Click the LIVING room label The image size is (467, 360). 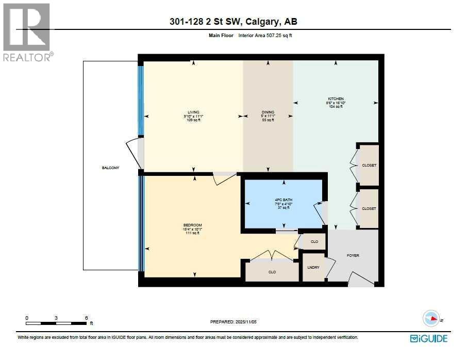click(x=193, y=112)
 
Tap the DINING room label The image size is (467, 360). click(x=268, y=112)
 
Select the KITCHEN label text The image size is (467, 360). click(x=336, y=99)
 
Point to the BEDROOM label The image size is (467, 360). click(x=192, y=225)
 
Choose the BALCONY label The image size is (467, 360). click(x=110, y=168)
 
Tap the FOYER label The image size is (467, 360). click(x=353, y=255)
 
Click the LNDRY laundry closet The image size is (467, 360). click(x=312, y=267)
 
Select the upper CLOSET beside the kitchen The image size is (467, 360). click(x=369, y=165)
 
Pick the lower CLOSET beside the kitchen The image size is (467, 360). click(x=369, y=208)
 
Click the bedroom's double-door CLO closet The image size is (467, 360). click(x=272, y=271)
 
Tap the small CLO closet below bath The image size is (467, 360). click(x=314, y=241)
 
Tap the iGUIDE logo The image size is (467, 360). click(x=428, y=338)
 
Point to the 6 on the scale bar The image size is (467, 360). click(x=87, y=318)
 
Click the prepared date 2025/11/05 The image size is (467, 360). click(x=233, y=321)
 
